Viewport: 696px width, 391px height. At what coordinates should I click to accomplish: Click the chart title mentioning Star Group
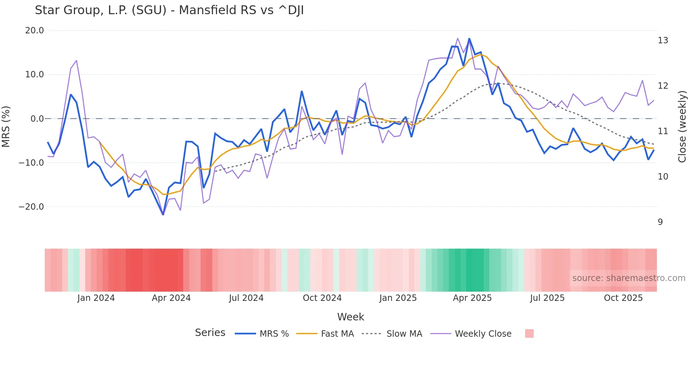(169, 10)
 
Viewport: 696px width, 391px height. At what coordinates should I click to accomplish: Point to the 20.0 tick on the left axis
(34, 31)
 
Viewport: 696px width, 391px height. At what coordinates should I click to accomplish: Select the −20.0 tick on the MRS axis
(31, 207)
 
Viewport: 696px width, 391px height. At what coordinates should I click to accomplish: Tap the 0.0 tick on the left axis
(37, 119)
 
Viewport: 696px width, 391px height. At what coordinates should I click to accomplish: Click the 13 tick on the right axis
(663, 40)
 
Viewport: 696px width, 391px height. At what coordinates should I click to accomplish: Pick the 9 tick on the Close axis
(660, 222)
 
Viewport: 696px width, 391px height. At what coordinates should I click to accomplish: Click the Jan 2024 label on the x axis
(96, 298)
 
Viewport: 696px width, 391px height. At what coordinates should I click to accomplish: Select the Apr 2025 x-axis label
(472, 298)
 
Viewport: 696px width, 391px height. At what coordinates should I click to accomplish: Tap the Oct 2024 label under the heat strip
(322, 298)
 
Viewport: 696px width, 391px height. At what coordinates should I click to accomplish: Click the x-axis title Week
(350, 317)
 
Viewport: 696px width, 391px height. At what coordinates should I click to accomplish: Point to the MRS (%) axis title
(6, 126)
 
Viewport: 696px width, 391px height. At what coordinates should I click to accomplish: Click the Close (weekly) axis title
(682, 127)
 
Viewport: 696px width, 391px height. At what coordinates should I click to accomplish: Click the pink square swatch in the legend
(529, 334)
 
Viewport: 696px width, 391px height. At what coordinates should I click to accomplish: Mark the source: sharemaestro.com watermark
(629, 278)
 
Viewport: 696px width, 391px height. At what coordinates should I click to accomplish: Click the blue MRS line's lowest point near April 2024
(163, 215)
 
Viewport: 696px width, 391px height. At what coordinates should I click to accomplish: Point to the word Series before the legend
(210, 333)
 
